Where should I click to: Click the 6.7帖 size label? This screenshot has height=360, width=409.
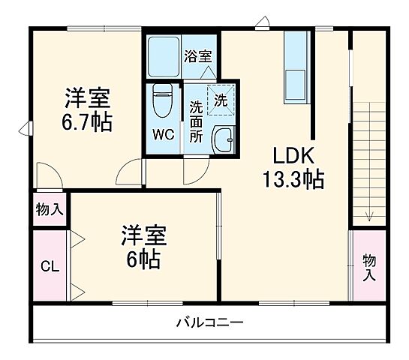pos(88,121)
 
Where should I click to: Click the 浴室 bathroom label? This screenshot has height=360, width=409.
pos(199,55)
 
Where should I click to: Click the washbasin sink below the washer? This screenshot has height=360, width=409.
pos(222,139)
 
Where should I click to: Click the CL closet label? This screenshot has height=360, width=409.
pos(49,266)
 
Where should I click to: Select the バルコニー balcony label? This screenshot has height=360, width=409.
pos(209,323)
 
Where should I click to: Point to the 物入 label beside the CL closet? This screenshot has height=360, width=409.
pos(50,210)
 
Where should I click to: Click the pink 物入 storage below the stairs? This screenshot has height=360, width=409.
pos(368,265)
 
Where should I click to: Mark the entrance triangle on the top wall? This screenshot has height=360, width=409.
pos(261,23)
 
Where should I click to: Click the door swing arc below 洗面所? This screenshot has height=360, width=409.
pos(192,172)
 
